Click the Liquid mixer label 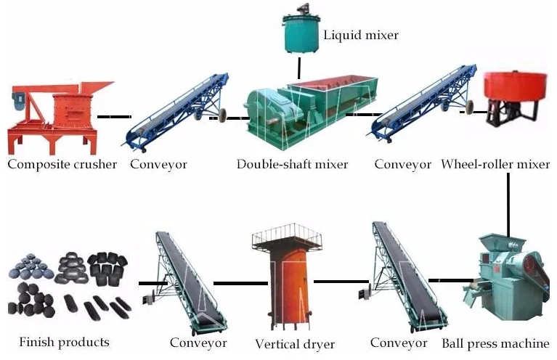(361, 34)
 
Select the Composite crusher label (62, 164)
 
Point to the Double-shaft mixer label (292, 164)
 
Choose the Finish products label (64, 341)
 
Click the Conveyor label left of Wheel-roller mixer (402, 164)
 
